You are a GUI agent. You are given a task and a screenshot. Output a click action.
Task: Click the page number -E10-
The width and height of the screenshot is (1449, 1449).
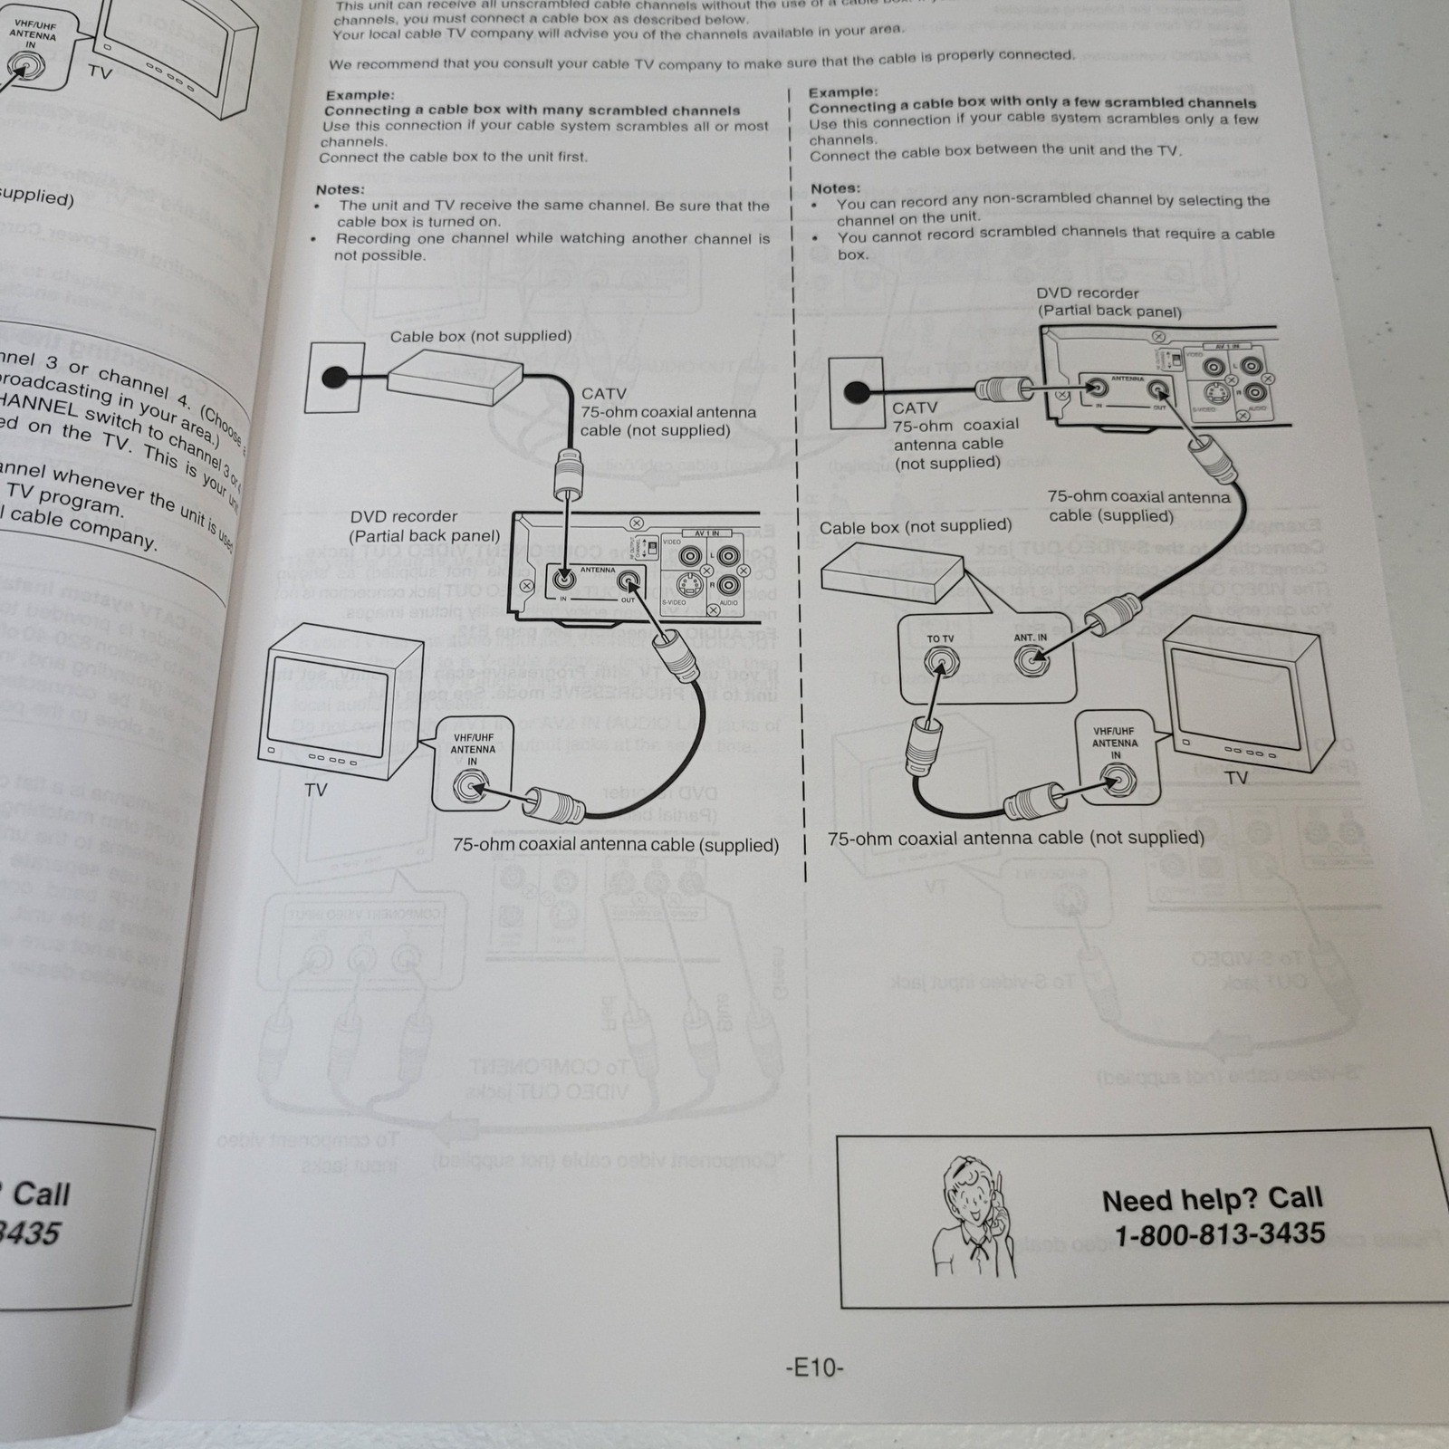[814, 1367]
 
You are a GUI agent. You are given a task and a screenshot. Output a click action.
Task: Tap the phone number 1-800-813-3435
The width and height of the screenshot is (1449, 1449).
[1219, 1234]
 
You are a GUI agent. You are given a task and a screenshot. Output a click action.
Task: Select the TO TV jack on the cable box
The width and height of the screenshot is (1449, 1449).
[941, 665]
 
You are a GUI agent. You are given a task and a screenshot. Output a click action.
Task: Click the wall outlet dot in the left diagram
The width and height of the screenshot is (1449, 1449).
[334, 377]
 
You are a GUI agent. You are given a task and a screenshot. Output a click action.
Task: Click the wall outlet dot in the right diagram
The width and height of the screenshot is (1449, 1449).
[855, 392]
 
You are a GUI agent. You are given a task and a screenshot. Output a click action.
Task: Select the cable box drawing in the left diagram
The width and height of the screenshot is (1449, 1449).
[455, 377]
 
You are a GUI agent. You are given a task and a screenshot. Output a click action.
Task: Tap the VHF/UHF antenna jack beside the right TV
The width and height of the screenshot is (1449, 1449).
[1117, 779]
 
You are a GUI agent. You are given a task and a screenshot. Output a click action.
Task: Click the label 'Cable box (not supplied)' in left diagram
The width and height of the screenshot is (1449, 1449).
[481, 336]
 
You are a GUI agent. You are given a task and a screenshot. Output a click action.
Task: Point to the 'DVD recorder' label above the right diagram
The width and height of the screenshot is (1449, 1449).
[1088, 293]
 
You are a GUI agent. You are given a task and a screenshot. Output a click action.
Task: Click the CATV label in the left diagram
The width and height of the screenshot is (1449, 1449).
[603, 394]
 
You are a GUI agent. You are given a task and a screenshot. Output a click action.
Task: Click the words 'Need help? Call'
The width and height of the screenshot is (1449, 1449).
[1212, 1200]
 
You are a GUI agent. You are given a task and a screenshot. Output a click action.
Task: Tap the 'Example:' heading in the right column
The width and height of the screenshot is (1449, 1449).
[842, 92]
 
